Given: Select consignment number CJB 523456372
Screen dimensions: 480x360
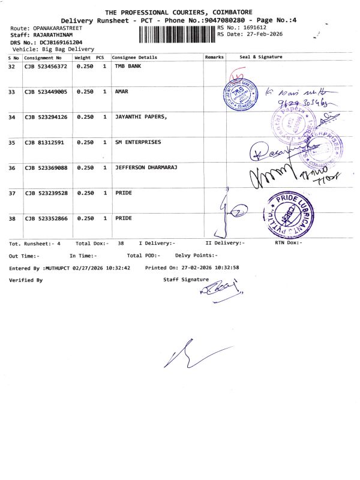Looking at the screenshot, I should tap(46, 67).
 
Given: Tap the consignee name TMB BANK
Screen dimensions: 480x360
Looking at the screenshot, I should tap(128, 67).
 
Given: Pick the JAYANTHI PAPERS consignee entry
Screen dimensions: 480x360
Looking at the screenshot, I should tap(140, 117).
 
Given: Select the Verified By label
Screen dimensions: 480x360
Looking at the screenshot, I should tap(26, 280).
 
